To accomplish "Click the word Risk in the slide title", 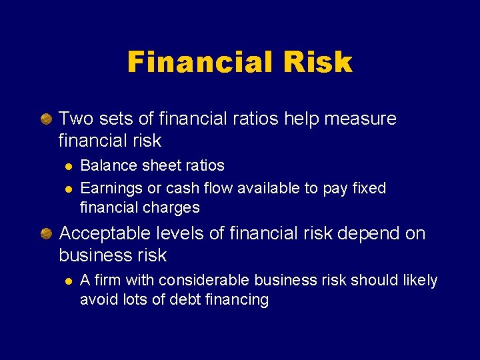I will (317, 62).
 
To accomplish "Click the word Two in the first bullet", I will (74, 119).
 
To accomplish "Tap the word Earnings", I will (107, 188).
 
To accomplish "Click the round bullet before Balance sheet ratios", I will (67, 166).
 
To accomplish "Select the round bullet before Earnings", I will (67, 189).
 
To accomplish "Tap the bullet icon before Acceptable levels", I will (46, 233).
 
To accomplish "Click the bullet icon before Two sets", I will (46, 119).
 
